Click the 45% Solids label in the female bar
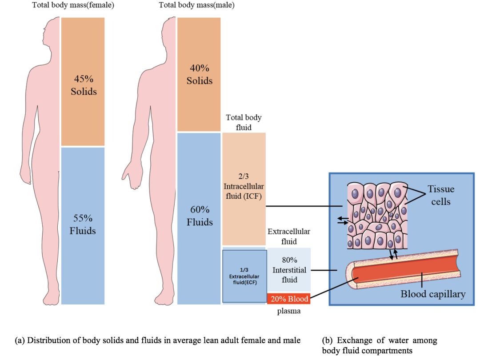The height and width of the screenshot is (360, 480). [84, 85]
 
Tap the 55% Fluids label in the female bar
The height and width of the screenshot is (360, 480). [83, 224]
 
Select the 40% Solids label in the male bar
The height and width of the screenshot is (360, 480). [200, 75]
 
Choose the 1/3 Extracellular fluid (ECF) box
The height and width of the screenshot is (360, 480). [244, 276]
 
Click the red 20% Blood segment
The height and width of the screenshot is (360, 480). [288, 299]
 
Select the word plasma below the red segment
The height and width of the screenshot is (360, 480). [288, 311]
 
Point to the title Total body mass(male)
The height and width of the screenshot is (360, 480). [197, 5]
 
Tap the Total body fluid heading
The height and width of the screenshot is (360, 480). [244, 122]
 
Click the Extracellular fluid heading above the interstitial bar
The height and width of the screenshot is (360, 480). [288, 236]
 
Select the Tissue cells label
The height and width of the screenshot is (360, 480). [441, 195]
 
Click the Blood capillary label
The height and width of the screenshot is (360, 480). [433, 294]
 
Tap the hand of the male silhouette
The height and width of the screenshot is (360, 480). [132, 173]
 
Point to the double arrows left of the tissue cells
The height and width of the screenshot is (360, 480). [342, 220]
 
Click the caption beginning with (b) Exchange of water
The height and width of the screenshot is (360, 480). [379, 345]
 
